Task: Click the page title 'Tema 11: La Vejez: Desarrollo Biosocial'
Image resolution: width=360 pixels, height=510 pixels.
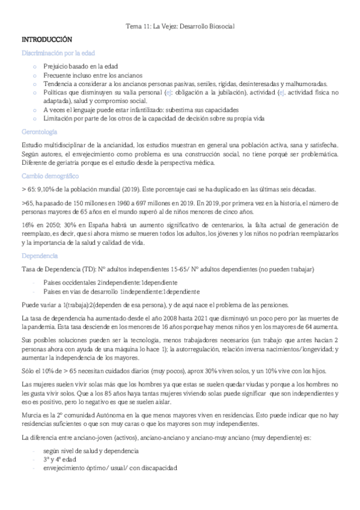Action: [180, 27]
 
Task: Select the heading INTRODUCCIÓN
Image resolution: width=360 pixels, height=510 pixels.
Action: [47, 39]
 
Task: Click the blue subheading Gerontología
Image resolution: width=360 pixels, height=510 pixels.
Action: [40, 131]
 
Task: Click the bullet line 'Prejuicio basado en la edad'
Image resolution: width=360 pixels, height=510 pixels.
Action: [81, 66]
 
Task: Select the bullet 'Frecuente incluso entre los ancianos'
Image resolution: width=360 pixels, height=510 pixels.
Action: [93, 75]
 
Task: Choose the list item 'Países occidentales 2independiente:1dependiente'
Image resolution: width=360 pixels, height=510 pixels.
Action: [109, 282]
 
